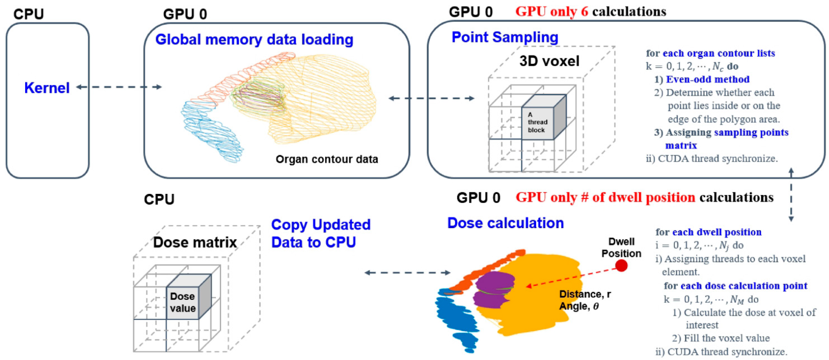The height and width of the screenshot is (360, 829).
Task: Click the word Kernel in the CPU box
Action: point(47,88)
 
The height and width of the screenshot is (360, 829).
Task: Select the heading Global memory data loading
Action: point(254,40)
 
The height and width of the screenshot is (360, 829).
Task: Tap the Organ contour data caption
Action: point(327,159)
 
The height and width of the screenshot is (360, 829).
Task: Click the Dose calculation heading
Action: point(506,223)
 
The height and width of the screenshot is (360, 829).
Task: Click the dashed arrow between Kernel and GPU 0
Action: point(119,87)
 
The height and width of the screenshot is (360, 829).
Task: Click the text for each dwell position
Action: point(708,232)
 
